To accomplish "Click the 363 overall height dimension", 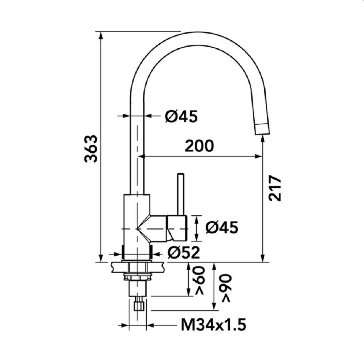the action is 91,148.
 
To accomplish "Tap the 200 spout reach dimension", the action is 199,146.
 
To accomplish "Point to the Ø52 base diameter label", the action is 183,253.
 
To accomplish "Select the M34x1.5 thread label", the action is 213,325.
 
